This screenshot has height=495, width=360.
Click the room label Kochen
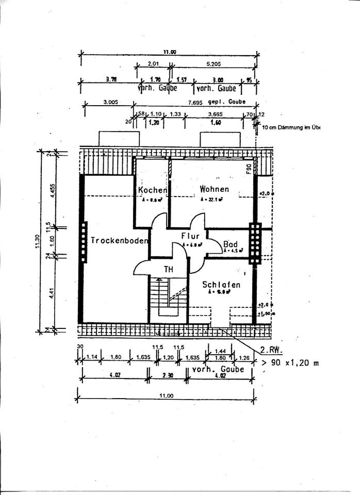click(x=152, y=190)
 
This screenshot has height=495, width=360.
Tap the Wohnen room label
click(x=214, y=189)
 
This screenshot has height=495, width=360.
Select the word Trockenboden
click(x=120, y=240)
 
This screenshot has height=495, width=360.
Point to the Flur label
click(x=190, y=236)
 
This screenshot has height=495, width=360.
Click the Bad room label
click(x=230, y=244)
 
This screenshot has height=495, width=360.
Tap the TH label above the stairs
click(x=169, y=269)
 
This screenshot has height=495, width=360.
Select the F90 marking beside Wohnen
click(x=248, y=168)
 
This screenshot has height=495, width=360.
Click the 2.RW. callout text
click(x=271, y=351)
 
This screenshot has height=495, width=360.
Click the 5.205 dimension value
click(x=212, y=64)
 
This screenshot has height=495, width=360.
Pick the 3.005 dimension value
click(x=110, y=102)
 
